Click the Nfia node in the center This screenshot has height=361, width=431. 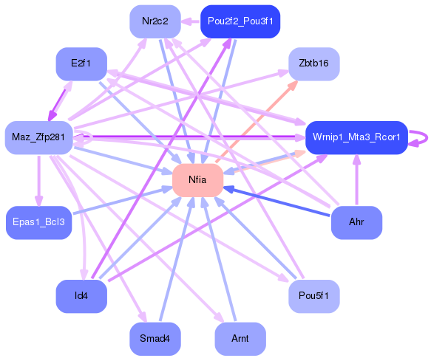197,180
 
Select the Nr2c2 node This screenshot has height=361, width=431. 155,21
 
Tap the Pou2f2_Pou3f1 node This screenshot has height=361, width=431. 240,21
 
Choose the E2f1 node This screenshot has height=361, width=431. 81,63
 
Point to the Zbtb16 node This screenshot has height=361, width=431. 314,63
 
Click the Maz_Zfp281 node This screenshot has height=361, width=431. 38,137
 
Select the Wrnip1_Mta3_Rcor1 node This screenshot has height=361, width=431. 356,137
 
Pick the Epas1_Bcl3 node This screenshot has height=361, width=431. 38,221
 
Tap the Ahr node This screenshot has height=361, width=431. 356,221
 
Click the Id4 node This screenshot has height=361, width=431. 81,297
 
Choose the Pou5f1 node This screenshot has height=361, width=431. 314,297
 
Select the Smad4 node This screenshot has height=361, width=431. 155,339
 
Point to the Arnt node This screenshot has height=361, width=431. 240,339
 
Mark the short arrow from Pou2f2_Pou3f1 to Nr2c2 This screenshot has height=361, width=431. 191,21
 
